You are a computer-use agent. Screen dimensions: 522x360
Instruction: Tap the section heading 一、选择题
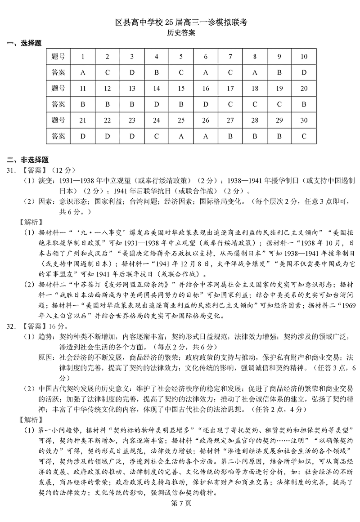click(x=24, y=43)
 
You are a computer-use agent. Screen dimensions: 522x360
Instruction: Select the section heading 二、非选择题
click(x=27, y=160)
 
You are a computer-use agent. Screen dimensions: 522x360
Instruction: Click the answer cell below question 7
click(x=230, y=72)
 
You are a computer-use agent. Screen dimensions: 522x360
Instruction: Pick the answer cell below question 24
click(x=156, y=136)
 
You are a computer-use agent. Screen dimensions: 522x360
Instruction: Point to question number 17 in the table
click(x=230, y=88)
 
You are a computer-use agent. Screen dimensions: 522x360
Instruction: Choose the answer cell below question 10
click(x=304, y=72)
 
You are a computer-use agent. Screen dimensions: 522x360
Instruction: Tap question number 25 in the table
click(x=181, y=120)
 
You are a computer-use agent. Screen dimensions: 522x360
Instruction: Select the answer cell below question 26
click(x=206, y=136)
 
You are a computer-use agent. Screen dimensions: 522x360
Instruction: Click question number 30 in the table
click(x=304, y=120)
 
